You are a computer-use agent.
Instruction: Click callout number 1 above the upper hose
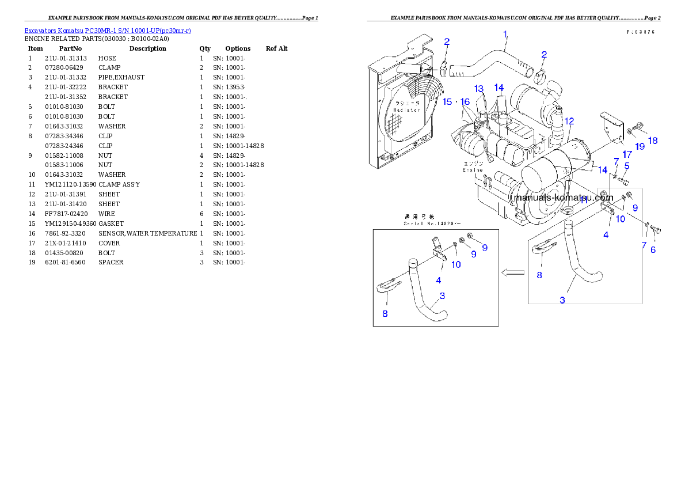[x=505, y=35]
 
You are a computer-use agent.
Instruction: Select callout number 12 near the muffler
[x=569, y=121]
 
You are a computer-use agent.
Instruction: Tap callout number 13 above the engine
[x=479, y=89]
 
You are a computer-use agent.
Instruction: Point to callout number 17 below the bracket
[x=627, y=154]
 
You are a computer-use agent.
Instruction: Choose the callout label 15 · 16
[x=456, y=101]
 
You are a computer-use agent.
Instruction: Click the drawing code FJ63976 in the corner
[x=641, y=33]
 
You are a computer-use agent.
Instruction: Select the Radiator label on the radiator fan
[x=406, y=109]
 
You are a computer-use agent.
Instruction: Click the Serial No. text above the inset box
[x=432, y=222]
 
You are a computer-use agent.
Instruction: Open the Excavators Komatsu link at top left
[x=108, y=30]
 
